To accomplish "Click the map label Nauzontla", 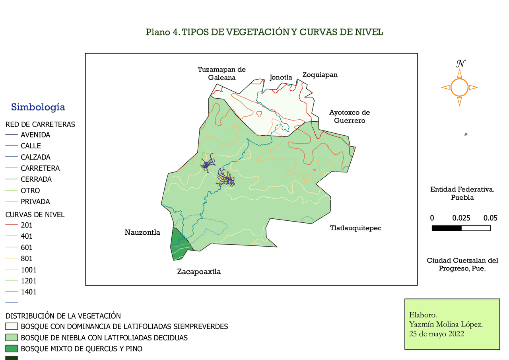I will tap(142, 232).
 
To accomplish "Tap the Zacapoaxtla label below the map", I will tap(199, 272).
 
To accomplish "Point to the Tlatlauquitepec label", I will tap(356, 228).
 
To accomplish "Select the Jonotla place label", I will tap(281, 78).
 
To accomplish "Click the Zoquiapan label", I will tap(320, 75).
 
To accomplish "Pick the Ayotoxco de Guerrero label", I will tap(349, 117).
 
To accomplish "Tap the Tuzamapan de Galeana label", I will tap(221, 74).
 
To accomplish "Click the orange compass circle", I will tap(459, 88).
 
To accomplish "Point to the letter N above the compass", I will tap(460, 64).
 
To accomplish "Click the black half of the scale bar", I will tap(447, 228).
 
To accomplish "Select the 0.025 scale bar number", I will tap(461, 218).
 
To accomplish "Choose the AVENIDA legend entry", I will tap(35, 135).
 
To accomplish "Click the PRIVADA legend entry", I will tap(35, 202).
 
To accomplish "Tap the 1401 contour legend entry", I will tap(29, 292).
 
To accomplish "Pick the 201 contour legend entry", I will tap(27, 225).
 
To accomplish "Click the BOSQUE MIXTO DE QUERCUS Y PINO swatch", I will tap(12, 349).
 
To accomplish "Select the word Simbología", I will tap(38, 107).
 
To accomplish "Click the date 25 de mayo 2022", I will tap(437, 334).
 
